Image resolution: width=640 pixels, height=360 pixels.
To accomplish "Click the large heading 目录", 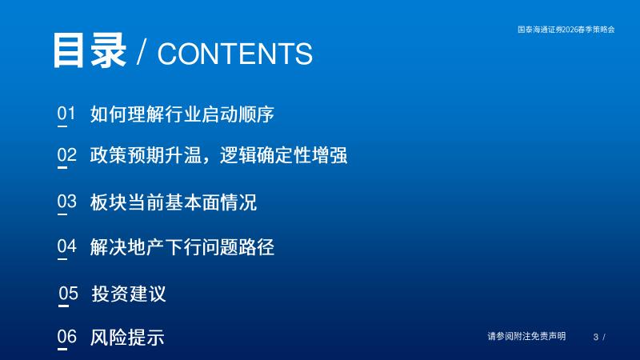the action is pos(90,50).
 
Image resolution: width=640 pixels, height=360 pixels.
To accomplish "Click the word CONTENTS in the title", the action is pos(235,54).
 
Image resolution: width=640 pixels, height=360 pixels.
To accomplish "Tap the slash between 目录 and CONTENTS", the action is pos(142,53).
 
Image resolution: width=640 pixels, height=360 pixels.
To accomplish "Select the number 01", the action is pos(66,113).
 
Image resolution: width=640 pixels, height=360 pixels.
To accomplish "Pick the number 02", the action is pos(67,155).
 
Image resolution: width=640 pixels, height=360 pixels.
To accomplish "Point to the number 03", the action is pos(67,202).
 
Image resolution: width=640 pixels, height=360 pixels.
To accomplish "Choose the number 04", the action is pos(67,246).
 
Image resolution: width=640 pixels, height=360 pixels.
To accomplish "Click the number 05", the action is pos(68,294).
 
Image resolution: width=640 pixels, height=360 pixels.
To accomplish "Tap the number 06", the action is pos(67,337).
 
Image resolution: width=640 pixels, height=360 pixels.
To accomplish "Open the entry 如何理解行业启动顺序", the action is pos(182,114).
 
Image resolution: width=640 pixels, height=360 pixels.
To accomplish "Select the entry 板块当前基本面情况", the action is pos(174,202).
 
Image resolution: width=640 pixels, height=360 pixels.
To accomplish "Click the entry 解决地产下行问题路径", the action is pos(182,247).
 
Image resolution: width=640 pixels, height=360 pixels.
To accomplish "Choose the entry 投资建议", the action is pos(129,294).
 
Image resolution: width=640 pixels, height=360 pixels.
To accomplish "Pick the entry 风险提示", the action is pos(127,338).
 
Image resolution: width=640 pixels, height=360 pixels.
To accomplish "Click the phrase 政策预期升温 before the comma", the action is pos(146,155).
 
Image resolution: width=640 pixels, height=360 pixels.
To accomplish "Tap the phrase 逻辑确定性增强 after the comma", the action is pos(284,155).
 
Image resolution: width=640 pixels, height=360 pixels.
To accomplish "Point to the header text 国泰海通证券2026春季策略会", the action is pos(566,30).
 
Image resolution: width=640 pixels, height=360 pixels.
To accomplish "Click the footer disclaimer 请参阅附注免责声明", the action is pos(526,336).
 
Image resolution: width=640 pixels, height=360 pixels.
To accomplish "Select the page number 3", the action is pos(596,337).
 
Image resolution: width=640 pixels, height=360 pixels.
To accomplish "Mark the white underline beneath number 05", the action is pos(64,306).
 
